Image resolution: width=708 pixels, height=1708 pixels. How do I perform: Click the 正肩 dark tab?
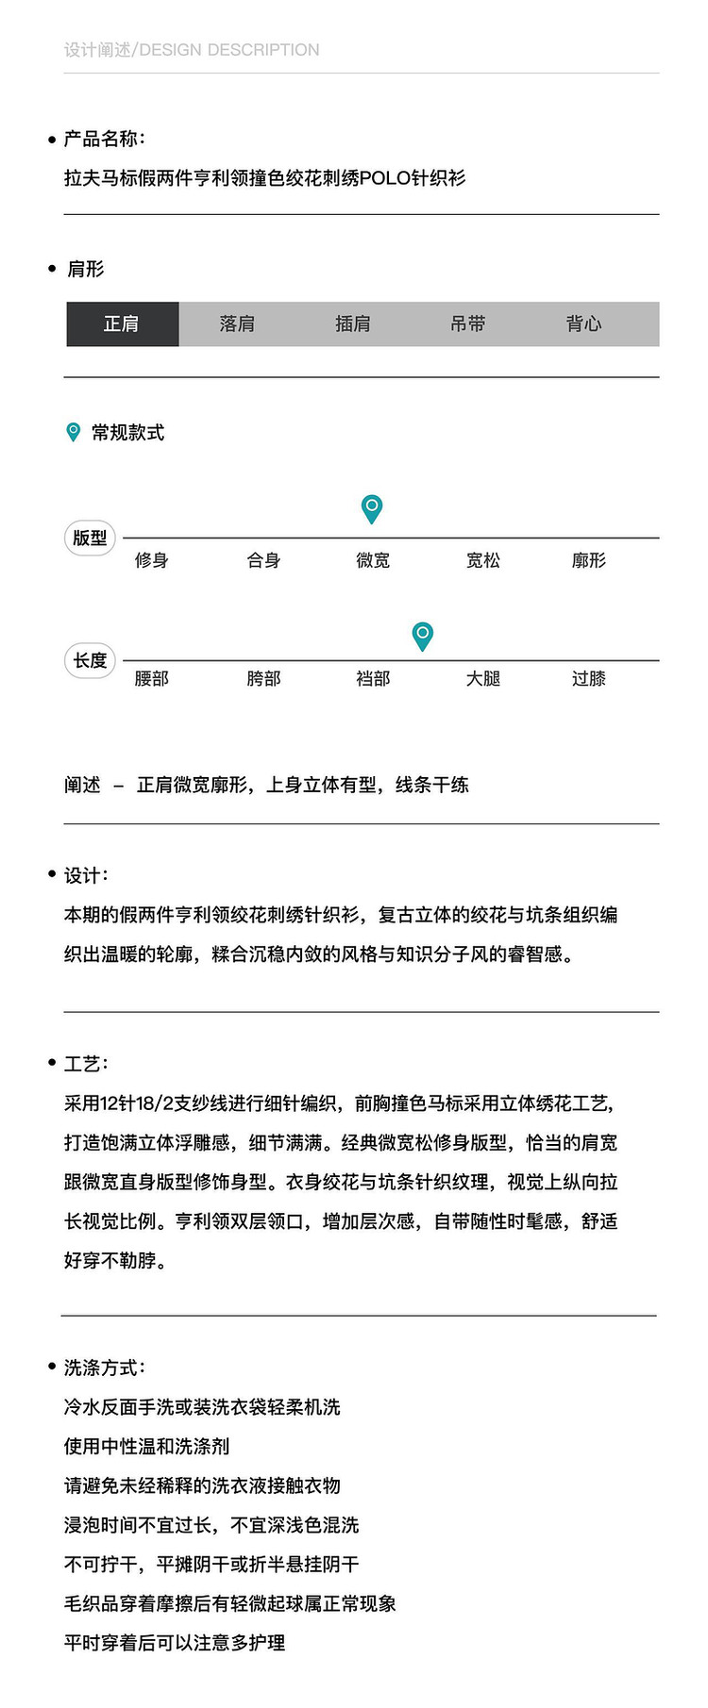(122, 324)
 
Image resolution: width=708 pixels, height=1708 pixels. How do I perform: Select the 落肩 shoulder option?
(237, 324)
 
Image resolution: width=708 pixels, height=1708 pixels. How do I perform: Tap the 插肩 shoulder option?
(353, 324)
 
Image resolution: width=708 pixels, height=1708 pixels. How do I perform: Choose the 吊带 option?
(468, 324)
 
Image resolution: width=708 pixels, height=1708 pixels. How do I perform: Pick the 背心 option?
(584, 324)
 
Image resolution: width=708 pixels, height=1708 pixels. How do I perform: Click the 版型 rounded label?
(90, 539)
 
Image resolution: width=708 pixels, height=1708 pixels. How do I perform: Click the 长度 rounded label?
(90, 660)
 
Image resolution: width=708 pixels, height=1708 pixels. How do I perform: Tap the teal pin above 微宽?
(373, 508)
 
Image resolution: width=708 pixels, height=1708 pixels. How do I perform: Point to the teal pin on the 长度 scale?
(423, 635)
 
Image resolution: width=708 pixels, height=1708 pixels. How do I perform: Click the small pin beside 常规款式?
(74, 432)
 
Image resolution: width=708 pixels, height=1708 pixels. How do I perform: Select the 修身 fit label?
(152, 561)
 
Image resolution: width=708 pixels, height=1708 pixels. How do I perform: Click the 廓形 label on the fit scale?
(589, 561)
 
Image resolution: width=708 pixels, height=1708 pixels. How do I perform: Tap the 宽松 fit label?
(483, 561)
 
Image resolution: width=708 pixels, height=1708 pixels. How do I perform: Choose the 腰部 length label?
(152, 679)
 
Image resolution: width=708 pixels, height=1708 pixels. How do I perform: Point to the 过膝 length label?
(589, 679)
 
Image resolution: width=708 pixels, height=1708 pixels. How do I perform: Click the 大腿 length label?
(483, 679)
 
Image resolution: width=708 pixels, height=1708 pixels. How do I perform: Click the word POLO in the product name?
(385, 178)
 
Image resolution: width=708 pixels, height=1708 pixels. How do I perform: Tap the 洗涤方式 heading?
(104, 1368)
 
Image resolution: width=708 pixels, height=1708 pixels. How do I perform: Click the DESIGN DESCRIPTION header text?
(229, 50)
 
